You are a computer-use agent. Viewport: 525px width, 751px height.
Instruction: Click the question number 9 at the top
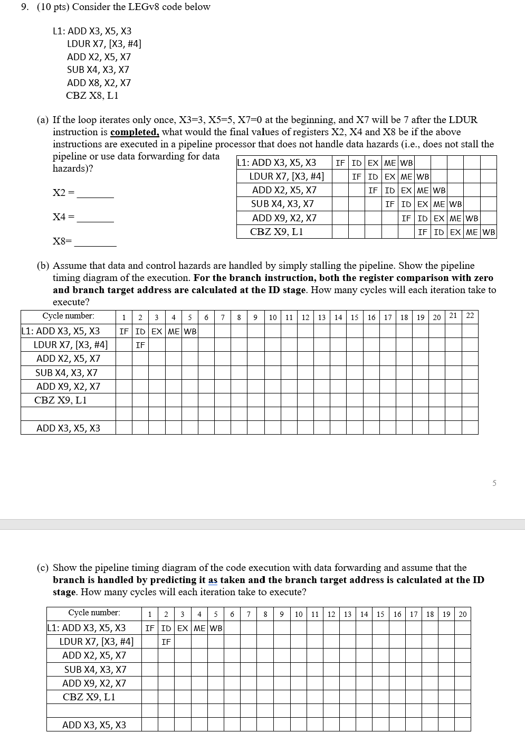(24, 7)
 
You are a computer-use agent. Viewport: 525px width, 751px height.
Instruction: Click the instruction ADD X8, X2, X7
(99, 83)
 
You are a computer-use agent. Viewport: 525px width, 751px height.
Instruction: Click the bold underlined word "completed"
(135, 132)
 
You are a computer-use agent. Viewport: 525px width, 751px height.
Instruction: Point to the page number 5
(494, 483)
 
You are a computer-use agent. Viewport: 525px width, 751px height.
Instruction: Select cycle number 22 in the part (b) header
(470, 316)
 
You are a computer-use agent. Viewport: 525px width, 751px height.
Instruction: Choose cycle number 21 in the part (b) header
(453, 316)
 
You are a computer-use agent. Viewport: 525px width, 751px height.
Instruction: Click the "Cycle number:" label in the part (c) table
(94, 613)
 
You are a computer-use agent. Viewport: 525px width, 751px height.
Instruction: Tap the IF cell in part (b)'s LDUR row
(140, 345)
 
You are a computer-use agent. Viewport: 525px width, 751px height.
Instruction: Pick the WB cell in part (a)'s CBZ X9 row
(489, 232)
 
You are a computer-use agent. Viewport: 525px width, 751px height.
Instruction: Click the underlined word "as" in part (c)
(213, 580)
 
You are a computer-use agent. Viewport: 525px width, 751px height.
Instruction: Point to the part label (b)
(43, 266)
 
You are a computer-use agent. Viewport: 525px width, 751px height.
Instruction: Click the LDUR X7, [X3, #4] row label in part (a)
(287, 176)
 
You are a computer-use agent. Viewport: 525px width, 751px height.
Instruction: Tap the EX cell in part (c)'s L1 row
(183, 628)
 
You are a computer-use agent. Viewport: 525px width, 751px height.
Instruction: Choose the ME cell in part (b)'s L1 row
(174, 332)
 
